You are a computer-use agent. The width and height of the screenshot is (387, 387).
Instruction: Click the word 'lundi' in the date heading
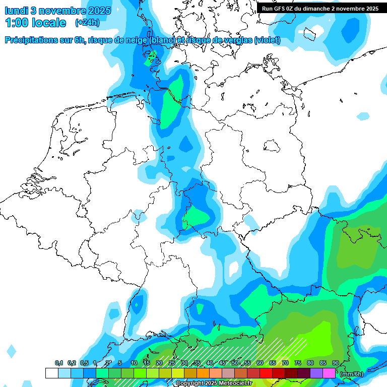point(16,11)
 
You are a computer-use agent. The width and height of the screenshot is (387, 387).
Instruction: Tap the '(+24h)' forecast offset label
point(87,23)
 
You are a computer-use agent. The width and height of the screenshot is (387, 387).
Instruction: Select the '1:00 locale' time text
point(35,23)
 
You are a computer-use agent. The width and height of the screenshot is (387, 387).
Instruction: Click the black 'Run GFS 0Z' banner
point(320,8)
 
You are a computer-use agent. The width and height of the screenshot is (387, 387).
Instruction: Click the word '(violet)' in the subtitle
point(268,40)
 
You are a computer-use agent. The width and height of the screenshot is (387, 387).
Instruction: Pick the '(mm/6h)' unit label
point(351,373)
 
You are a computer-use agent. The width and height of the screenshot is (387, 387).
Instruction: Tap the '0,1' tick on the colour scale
point(58,363)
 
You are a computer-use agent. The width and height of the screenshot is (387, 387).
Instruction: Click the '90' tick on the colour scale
point(336,363)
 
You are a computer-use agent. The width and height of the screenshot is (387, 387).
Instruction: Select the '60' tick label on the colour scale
point(260,363)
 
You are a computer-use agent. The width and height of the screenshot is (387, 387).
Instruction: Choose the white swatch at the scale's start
point(51,373)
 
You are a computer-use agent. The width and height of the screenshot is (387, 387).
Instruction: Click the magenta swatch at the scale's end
point(329,373)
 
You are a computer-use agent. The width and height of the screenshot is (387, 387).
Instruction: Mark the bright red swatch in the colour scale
point(266,373)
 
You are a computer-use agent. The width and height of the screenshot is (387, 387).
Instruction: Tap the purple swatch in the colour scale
point(316,373)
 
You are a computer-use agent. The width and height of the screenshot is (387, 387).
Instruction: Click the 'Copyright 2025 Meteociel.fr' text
point(214,383)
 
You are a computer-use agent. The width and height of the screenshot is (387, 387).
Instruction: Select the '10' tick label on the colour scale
point(134,363)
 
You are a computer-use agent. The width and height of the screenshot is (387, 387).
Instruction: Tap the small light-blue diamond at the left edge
point(11,351)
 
